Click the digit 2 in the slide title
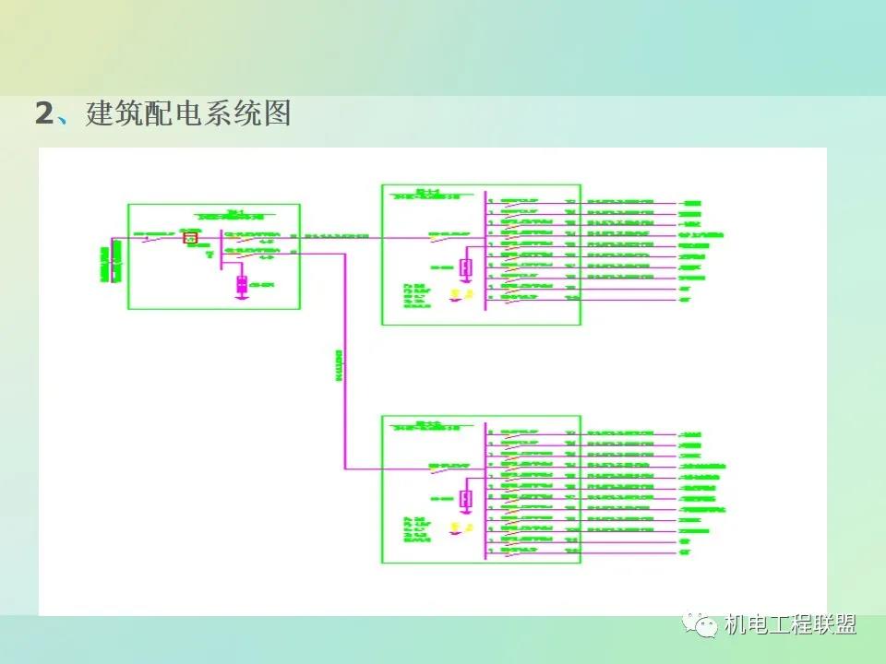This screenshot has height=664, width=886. click(x=44, y=114)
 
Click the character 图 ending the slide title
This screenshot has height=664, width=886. click(x=276, y=113)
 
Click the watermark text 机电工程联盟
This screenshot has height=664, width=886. click(x=790, y=625)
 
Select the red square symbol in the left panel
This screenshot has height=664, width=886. click(x=191, y=238)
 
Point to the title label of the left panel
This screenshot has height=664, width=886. click(x=236, y=215)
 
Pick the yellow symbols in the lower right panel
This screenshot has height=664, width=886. click(x=457, y=527)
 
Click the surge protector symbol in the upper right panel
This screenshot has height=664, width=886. click(x=466, y=267)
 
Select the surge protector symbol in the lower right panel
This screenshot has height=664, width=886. click(x=466, y=499)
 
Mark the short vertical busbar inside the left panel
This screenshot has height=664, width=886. click(x=221, y=249)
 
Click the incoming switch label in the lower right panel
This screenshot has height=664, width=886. click(x=449, y=465)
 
